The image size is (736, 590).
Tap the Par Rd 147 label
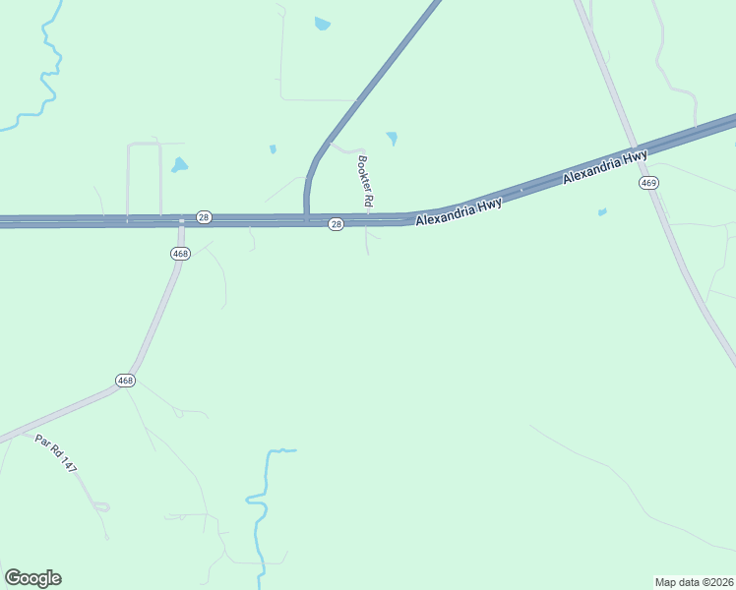point(56,452)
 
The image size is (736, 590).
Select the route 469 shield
point(647,183)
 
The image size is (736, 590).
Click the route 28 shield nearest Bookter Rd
point(337,224)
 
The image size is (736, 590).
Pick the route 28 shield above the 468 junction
point(204,216)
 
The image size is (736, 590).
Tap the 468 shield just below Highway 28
point(180,253)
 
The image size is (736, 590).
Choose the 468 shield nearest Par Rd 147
point(125,381)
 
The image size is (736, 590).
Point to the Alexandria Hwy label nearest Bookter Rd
point(459,211)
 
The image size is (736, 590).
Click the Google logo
point(32,577)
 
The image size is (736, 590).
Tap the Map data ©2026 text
point(694,581)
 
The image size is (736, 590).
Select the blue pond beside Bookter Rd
point(393,138)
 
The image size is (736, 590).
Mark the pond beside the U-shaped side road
point(179,165)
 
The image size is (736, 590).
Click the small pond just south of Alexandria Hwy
point(602,211)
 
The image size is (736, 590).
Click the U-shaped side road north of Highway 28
point(144,145)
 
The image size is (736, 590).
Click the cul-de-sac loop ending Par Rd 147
point(100,506)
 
